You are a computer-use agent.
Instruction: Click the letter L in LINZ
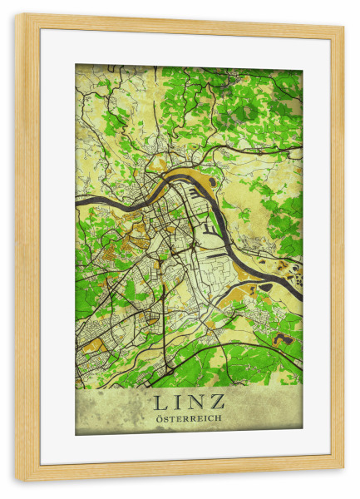click(x=160, y=403)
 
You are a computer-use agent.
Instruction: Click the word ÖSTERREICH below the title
click(x=189, y=418)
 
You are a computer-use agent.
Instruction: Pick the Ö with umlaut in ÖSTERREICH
click(x=159, y=418)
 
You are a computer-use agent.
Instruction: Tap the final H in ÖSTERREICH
click(x=219, y=418)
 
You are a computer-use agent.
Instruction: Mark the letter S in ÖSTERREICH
click(x=165, y=418)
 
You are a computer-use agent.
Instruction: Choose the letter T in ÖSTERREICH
click(x=172, y=418)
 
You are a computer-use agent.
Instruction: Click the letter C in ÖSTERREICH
click(x=211, y=418)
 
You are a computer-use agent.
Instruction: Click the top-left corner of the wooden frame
click(x=17, y=15)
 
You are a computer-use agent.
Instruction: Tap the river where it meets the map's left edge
click(x=77, y=202)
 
